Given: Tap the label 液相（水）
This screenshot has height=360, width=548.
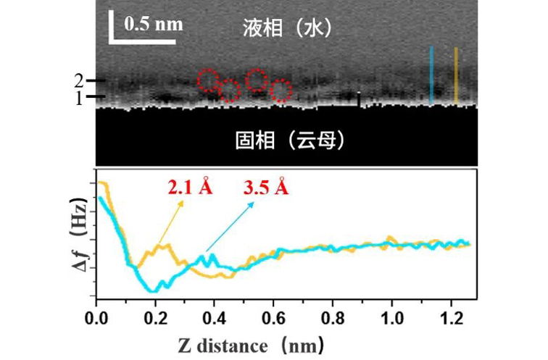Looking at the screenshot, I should [x=287, y=28].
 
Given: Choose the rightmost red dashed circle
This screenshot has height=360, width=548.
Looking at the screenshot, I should [x=281, y=91].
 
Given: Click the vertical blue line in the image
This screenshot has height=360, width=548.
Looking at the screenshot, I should [x=431, y=75].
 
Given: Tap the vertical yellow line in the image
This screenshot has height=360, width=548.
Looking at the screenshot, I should [x=455, y=75].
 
